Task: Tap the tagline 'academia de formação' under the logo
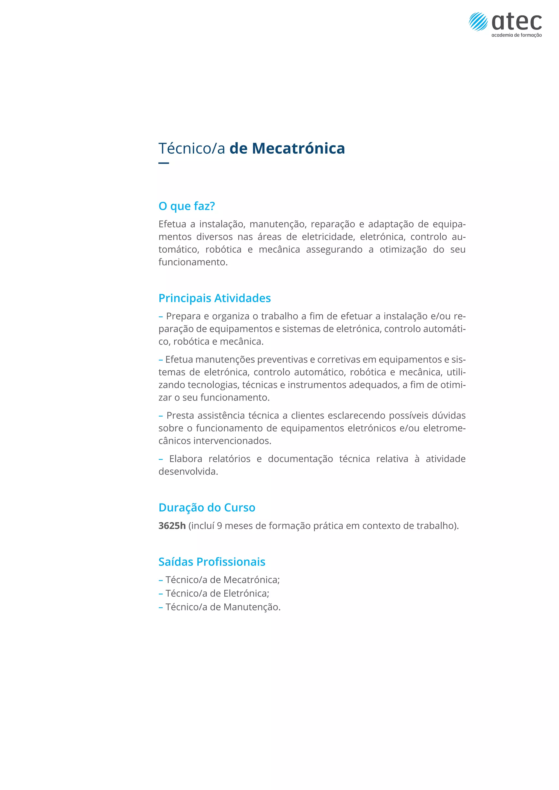point(516,35)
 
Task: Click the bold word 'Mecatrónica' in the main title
point(298,148)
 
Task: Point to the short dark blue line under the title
point(163,163)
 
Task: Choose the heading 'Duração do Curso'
point(207,507)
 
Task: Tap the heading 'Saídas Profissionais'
point(212,562)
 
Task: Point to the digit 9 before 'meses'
point(219,526)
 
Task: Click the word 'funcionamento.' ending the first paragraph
point(193,262)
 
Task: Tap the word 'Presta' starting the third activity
point(180,416)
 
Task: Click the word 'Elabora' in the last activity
point(186,459)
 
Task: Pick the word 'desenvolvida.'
point(188,472)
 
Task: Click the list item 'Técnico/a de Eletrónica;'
point(217,594)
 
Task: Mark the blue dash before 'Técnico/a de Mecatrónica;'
point(160,580)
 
